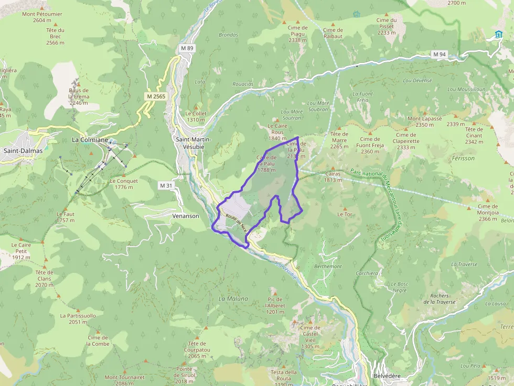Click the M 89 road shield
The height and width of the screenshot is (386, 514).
tap(187, 48)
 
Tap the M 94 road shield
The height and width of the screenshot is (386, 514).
tap(439, 54)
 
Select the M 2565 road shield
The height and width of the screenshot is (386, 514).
tap(156, 96)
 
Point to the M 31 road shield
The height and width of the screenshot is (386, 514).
tap(166, 185)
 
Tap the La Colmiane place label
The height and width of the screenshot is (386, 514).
tap(90, 140)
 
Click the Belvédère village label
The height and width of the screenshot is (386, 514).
tap(387, 377)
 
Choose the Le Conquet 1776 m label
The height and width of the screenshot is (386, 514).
tap(124, 184)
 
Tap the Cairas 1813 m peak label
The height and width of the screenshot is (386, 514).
tap(333, 177)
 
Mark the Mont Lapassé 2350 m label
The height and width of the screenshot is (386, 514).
tap(425, 122)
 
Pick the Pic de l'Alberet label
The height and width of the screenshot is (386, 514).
tap(275, 305)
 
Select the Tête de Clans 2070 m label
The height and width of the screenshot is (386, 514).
tap(44, 279)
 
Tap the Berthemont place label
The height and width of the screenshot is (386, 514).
tap(328, 267)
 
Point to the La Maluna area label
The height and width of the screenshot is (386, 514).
tap(233, 299)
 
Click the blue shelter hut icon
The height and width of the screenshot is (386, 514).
tap(498, 35)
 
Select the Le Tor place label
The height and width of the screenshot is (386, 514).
tap(345, 214)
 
